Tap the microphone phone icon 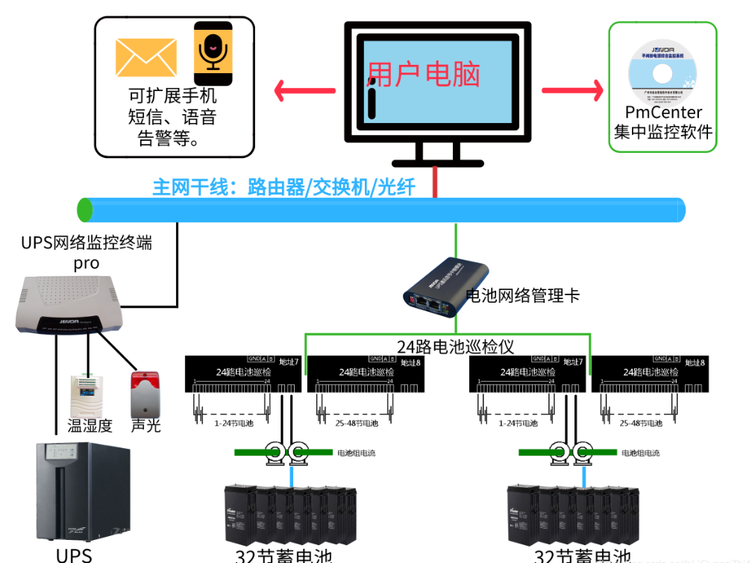pyautogui.click(x=213, y=53)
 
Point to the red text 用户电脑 pyautogui.click(x=424, y=75)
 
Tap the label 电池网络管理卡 pyautogui.click(x=521, y=295)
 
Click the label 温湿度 pyautogui.click(x=90, y=426)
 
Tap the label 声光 pyautogui.click(x=145, y=426)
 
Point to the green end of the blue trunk pyautogui.click(x=85, y=210)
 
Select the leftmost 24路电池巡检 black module pyautogui.click(x=242, y=374)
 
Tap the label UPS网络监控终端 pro pyautogui.click(x=87, y=252)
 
